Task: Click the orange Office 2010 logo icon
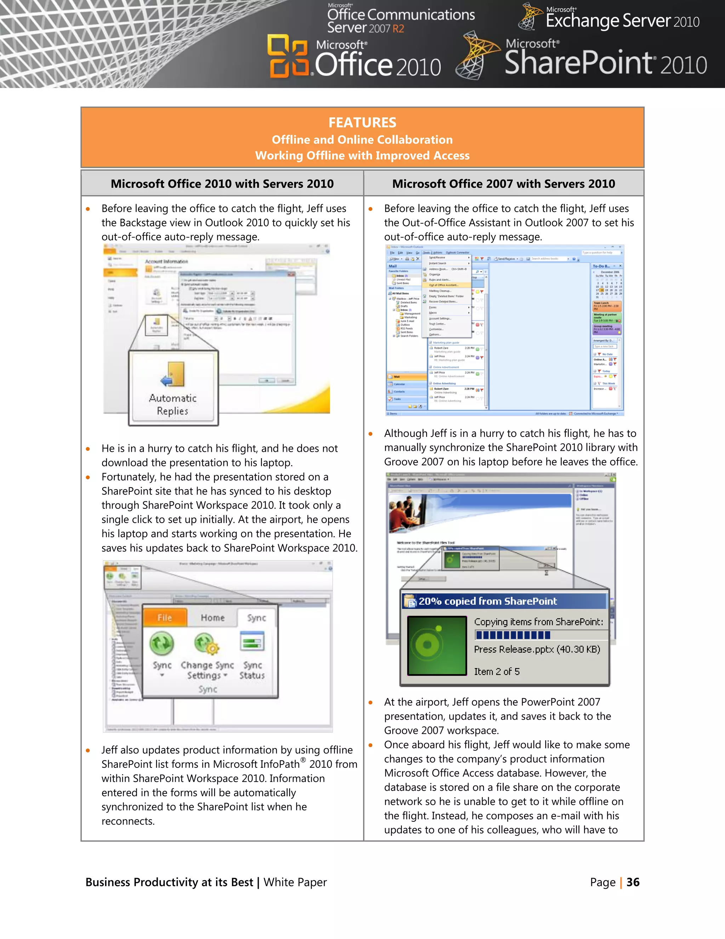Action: (x=288, y=56)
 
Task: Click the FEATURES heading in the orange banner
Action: (x=362, y=123)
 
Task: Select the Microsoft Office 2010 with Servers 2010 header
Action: (x=222, y=184)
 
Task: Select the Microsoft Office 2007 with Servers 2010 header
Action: (x=503, y=184)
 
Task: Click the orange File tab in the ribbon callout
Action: (x=165, y=617)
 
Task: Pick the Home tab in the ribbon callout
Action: (x=213, y=617)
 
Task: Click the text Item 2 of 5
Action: (x=497, y=671)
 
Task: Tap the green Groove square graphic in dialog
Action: (x=437, y=645)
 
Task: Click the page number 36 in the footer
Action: (x=633, y=882)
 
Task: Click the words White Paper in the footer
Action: (x=295, y=882)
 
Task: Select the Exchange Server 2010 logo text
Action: (x=622, y=21)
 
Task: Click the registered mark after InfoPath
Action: (x=303, y=760)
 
